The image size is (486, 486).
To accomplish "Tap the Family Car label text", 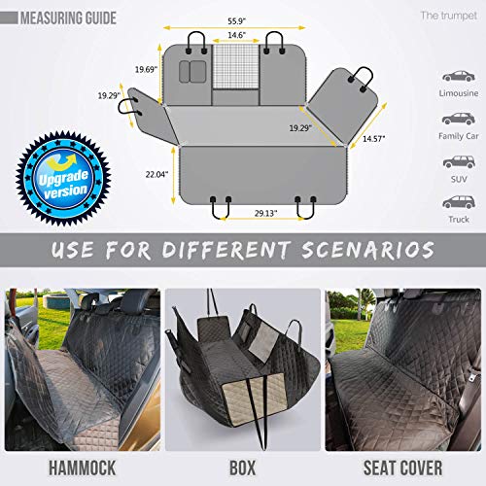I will (x=457, y=137).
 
